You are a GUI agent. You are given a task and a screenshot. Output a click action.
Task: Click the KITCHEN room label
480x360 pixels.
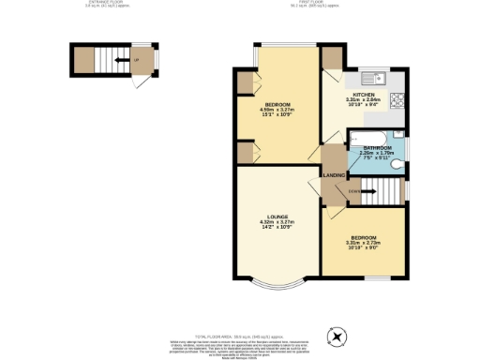[x=364, y=96]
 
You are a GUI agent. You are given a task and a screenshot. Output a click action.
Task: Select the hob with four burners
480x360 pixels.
[x=397, y=99]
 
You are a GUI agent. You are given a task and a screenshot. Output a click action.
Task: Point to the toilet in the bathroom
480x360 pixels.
[x=397, y=167]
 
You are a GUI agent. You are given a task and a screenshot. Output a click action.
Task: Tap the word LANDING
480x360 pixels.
[x=334, y=175]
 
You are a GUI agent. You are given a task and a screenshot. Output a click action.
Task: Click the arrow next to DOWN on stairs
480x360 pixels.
[x=367, y=193]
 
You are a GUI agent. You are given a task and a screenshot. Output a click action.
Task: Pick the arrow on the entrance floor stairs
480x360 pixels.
[x=114, y=63]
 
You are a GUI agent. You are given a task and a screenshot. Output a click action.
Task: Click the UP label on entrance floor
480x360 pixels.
[x=137, y=63]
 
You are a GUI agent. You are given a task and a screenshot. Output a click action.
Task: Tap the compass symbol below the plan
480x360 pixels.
[x=335, y=335]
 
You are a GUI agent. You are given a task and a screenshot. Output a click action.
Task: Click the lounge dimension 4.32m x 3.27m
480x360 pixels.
[x=277, y=222]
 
